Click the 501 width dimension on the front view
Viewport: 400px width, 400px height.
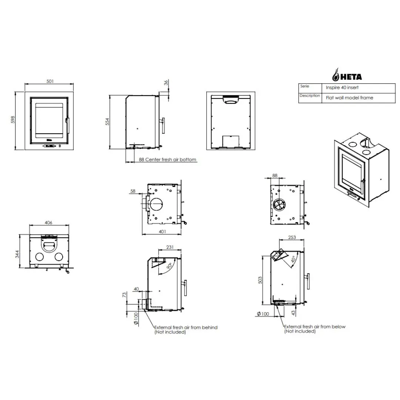tap(50, 81)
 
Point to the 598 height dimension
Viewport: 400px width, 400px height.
tap(13, 120)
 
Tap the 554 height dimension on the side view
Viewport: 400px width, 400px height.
tap(107, 122)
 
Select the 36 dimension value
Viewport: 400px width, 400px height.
tap(166, 83)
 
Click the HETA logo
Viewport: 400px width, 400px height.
tap(347, 75)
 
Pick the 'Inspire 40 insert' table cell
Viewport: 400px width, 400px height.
tap(342, 87)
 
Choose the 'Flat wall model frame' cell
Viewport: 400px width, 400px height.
tap(349, 98)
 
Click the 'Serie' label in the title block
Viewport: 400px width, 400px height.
tap(304, 86)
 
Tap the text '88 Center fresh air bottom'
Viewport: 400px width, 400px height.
tap(167, 159)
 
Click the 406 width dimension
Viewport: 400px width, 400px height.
tap(49, 223)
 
